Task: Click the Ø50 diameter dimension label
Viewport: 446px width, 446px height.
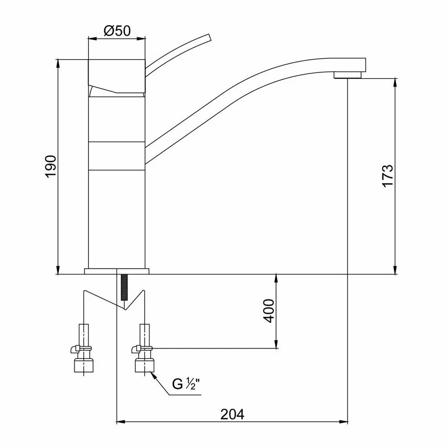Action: (118, 31)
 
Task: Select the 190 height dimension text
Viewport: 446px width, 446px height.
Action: (51, 167)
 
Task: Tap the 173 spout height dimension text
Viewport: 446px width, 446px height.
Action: (388, 175)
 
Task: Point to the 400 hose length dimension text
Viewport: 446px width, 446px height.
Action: (269, 311)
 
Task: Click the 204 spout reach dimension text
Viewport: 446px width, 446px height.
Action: (232, 415)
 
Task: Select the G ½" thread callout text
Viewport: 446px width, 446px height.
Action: (186, 384)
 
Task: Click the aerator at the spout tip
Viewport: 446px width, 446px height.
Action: (347, 75)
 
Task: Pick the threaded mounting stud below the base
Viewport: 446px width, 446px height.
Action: (124, 288)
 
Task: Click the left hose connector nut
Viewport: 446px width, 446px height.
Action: (83, 365)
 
